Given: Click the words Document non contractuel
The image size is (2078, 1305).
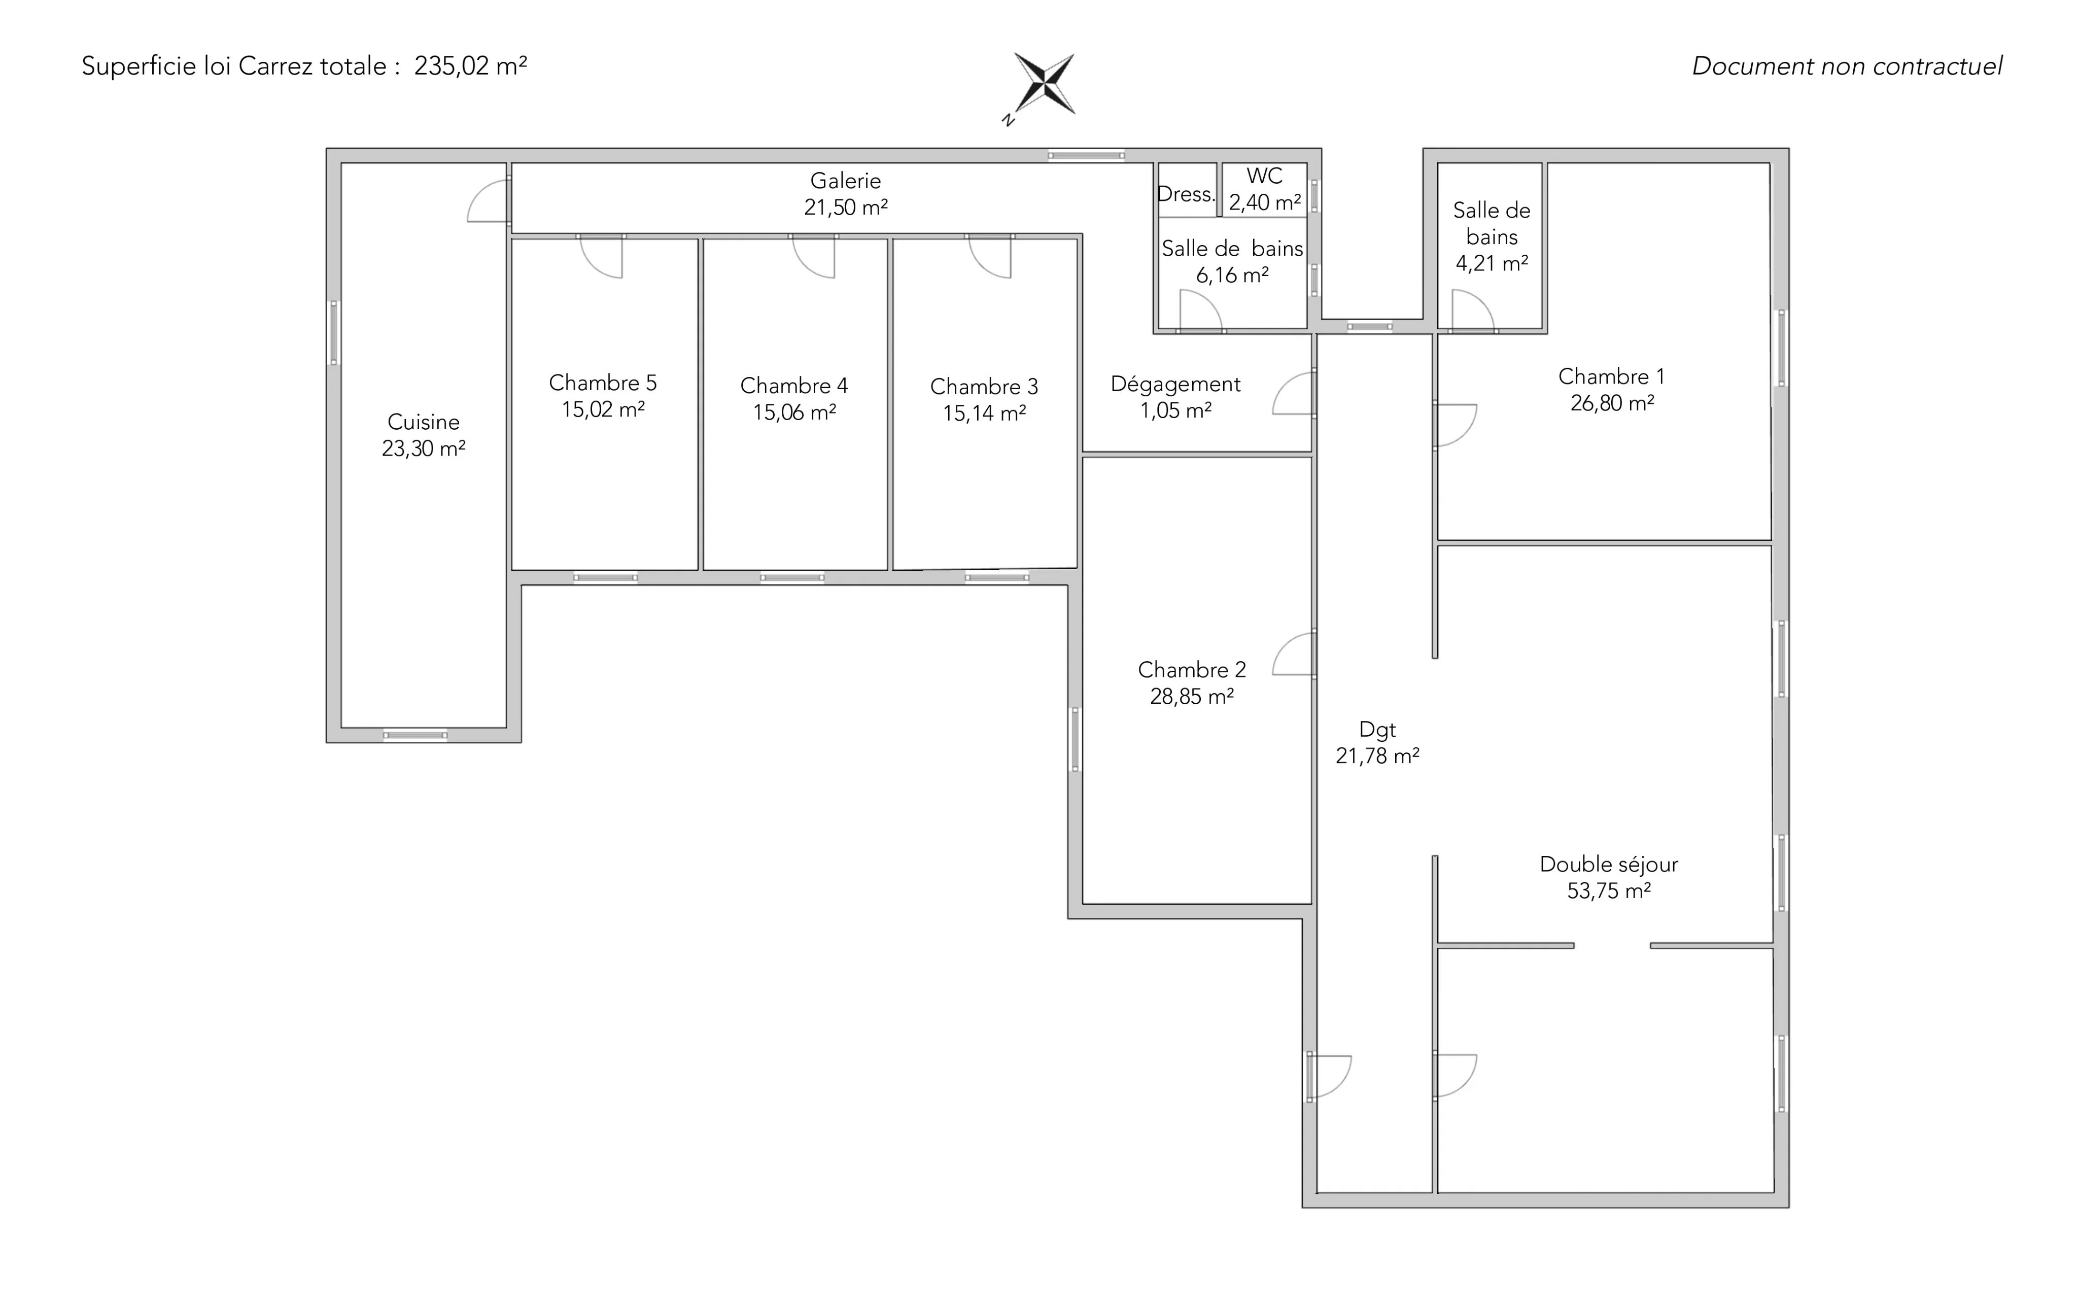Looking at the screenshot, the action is (x=1847, y=66).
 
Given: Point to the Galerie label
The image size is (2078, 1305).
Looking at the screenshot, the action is (x=846, y=181).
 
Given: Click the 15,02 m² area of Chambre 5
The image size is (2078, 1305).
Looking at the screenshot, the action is (x=603, y=409).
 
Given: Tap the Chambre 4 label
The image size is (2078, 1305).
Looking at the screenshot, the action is (x=794, y=385).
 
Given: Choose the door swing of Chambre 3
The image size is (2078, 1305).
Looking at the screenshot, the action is (x=990, y=256).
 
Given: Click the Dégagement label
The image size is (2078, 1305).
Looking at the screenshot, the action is (x=1175, y=384).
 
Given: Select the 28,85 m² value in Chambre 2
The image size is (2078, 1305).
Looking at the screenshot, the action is (x=1192, y=697).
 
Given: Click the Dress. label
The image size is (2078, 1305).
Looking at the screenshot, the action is (x=1186, y=194).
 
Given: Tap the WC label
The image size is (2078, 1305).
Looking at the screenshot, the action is (x=1264, y=176).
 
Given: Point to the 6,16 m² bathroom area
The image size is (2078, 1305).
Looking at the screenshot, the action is (x=1232, y=276).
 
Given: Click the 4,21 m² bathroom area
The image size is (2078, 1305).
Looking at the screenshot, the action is (x=1492, y=263).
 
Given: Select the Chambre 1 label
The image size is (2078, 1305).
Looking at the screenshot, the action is (x=1611, y=376).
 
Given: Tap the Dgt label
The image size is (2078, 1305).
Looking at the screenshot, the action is (x=1377, y=730).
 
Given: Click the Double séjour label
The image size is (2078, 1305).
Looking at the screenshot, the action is (x=1609, y=864).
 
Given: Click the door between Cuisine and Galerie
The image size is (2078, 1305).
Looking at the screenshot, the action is (x=489, y=200).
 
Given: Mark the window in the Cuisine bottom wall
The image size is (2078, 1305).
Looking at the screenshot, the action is (x=415, y=735).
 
